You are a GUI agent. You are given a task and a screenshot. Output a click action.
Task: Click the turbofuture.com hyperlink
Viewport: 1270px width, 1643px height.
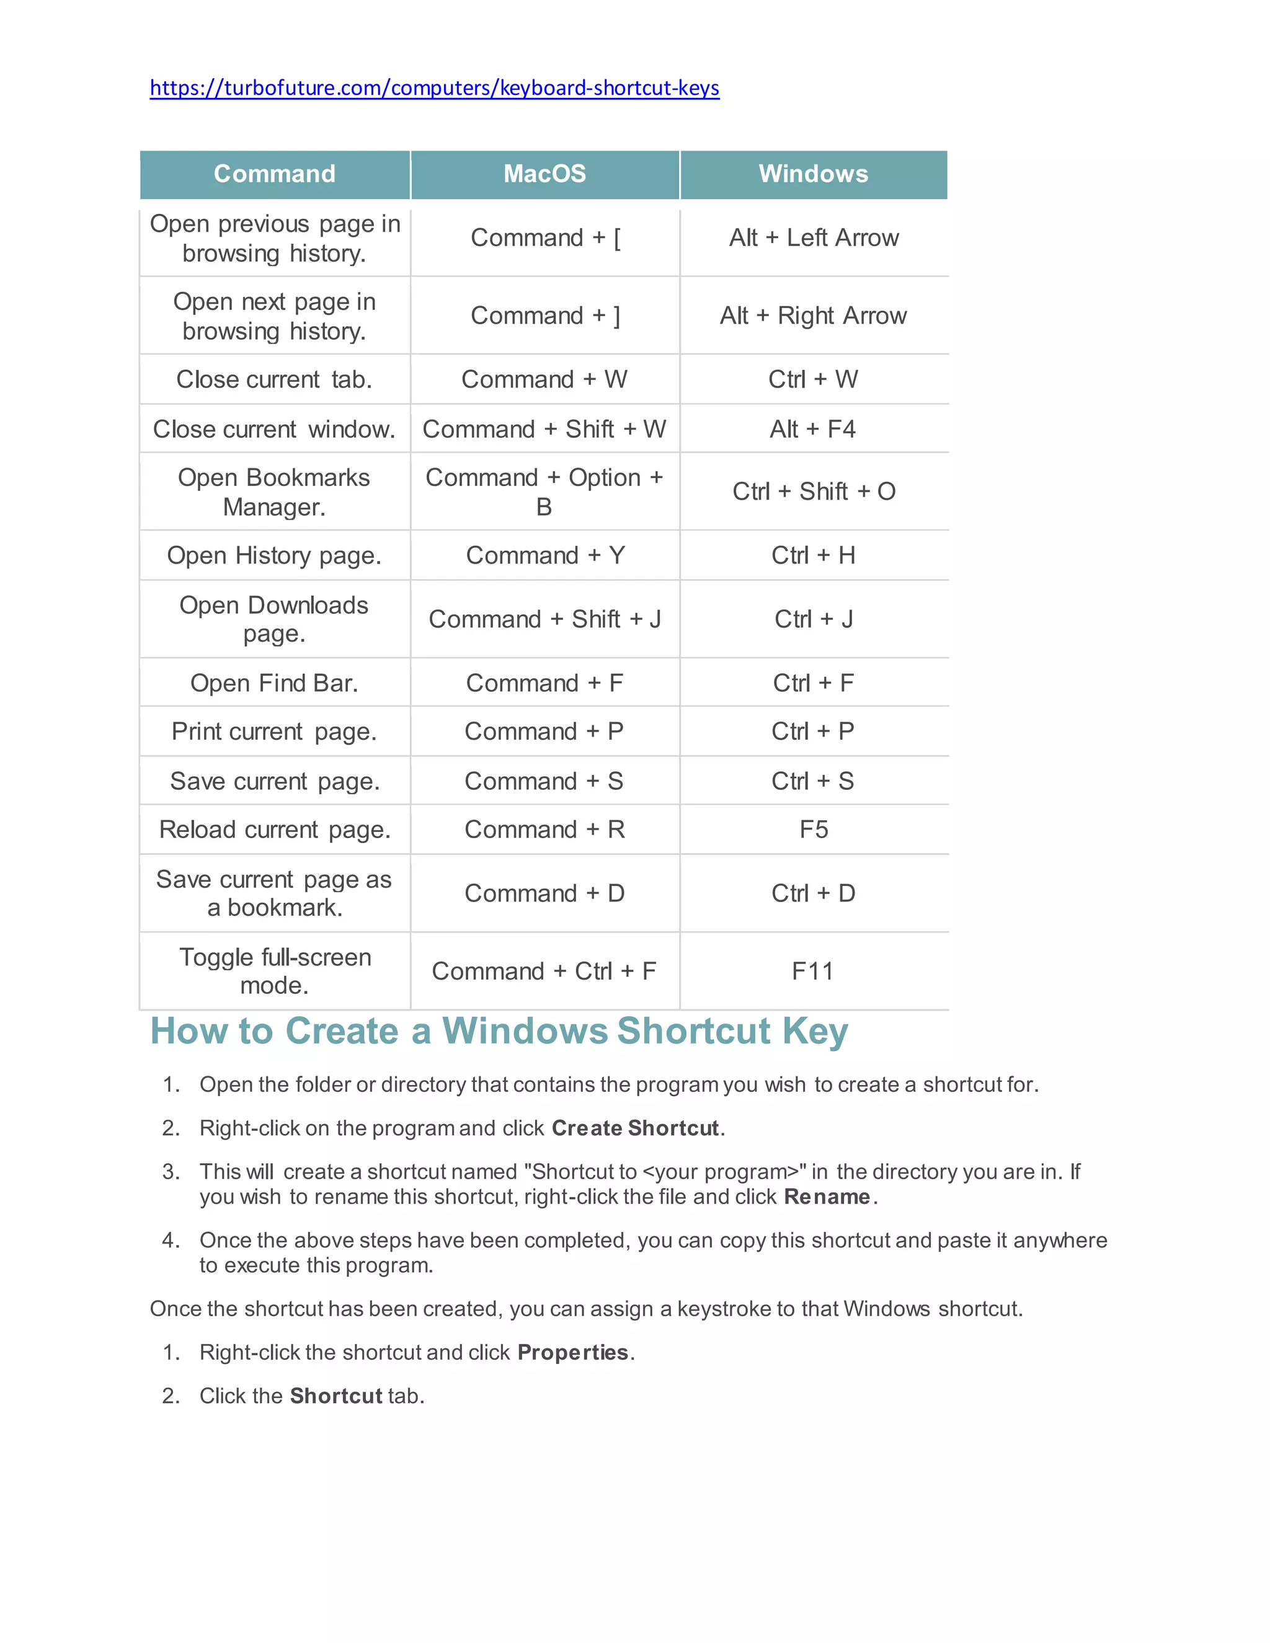tap(434, 88)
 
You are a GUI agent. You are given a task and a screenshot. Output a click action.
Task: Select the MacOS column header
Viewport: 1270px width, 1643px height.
tap(544, 174)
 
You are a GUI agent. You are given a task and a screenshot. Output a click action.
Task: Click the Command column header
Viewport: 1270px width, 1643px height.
tap(275, 174)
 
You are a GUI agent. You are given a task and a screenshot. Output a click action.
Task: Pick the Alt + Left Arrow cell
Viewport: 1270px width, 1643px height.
tap(814, 237)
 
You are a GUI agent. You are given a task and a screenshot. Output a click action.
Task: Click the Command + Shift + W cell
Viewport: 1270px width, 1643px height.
tap(544, 429)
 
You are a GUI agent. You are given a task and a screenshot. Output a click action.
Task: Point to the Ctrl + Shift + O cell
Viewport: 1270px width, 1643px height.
tap(814, 491)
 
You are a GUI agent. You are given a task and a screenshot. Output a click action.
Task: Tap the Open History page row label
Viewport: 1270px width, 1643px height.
tap(274, 555)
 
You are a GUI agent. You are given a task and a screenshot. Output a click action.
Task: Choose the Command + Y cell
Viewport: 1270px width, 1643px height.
tap(544, 555)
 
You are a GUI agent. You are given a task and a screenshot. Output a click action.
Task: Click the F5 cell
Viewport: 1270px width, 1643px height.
tap(814, 829)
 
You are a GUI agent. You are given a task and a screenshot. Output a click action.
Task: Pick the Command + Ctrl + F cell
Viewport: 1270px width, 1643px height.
tap(544, 971)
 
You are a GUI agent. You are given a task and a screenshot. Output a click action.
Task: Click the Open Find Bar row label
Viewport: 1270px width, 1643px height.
tap(274, 683)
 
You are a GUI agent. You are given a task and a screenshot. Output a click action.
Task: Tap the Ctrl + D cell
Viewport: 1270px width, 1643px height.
tap(814, 893)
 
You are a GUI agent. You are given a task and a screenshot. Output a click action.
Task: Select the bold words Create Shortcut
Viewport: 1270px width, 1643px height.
tap(636, 1128)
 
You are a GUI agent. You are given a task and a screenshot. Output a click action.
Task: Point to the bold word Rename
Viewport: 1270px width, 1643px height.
tap(827, 1196)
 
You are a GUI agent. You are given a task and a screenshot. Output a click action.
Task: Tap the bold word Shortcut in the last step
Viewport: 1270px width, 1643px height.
tap(336, 1396)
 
